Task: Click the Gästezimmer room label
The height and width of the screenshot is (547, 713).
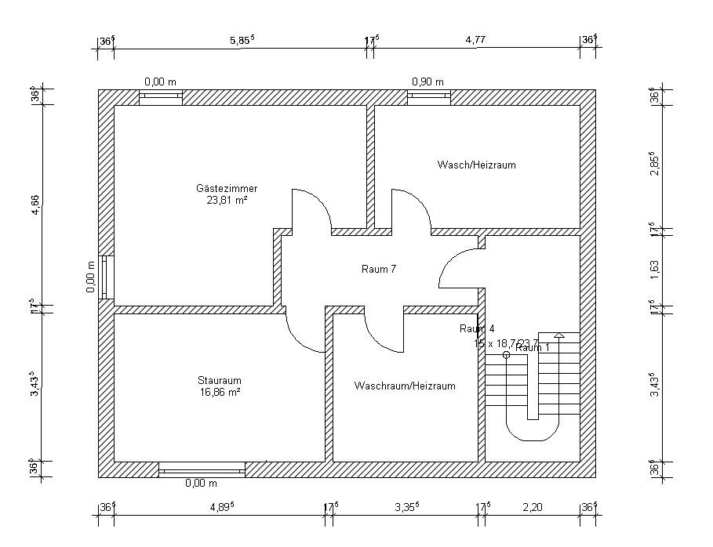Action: click(227, 188)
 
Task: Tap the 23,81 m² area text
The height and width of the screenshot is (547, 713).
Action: click(227, 200)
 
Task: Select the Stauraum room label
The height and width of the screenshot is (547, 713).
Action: click(219, 380)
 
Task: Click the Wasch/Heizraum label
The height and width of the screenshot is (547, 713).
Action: click(477, 165)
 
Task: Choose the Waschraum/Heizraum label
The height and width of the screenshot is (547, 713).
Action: click(405, 386)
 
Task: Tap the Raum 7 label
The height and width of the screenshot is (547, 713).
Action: click(379, 269)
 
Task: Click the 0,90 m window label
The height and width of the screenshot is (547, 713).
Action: click(428, 82)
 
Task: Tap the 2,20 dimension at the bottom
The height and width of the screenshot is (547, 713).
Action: click(531, 507)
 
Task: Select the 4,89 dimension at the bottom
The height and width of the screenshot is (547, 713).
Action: click(220, 507)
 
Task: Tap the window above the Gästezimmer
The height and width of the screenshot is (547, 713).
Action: click(161, 97)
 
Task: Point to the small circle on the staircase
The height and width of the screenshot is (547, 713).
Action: click(506, 355)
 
